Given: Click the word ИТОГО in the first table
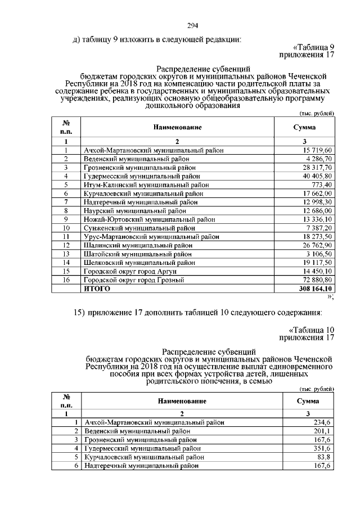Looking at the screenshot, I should pyautogui.click(x=97, y=289).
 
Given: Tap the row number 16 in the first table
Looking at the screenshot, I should pyautogui.click(x=66, y=280).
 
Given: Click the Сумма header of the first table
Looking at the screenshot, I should pyautogui.click(x=304, y=128).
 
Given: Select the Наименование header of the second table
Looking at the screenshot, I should pyautogui.click(x=177, y=401).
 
